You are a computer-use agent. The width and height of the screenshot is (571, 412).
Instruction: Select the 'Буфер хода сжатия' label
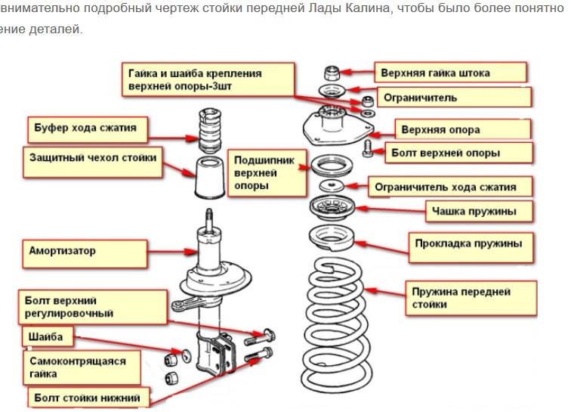point(86,128)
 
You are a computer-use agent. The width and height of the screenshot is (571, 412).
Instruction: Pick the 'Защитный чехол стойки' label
point(93,159)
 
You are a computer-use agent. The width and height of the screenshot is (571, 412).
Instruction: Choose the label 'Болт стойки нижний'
point(88,396)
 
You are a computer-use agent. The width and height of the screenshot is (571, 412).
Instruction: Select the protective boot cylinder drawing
point(208,180)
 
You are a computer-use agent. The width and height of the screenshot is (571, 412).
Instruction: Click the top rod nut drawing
point(331,73)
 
